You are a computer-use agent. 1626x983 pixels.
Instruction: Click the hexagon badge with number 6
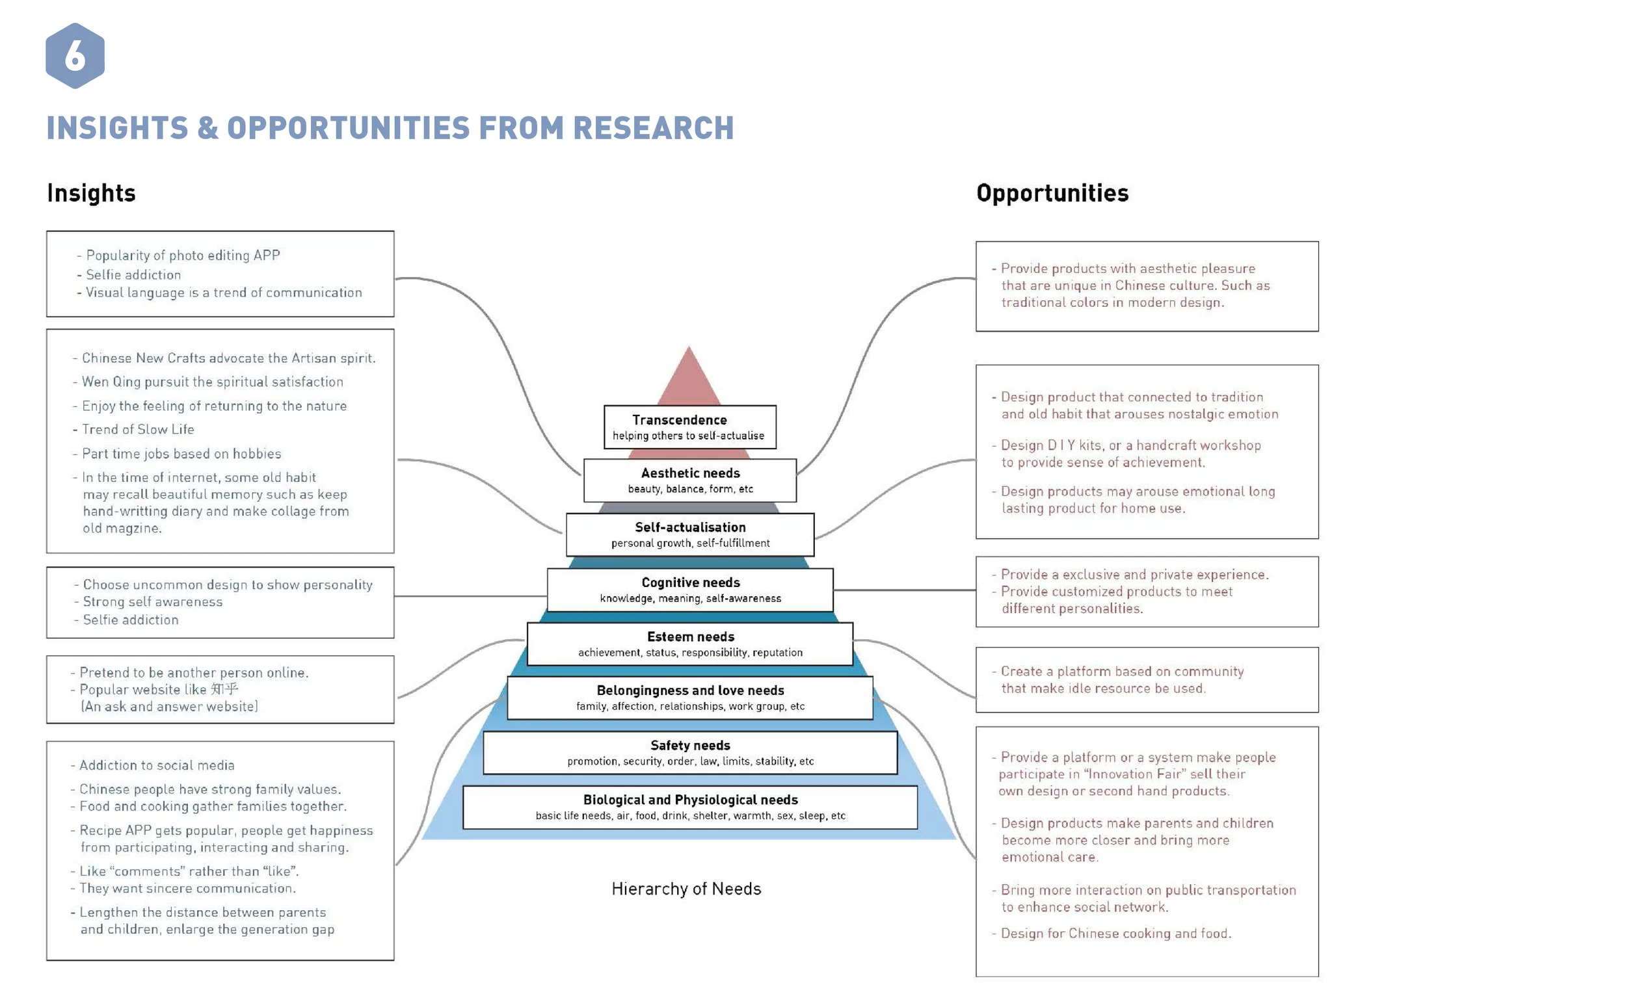[75, 55]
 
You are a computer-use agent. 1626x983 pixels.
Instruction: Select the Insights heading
[91, 192]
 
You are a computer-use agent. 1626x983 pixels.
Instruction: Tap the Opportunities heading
[1052, 192]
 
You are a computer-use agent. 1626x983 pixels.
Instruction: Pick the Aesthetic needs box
[689, 480]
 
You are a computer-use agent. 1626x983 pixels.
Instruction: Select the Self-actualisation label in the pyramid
[689, 527]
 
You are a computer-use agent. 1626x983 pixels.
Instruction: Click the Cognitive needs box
[689, 590]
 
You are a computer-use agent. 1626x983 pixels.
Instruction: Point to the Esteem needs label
[689, 636]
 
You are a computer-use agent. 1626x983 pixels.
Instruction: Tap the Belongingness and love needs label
[689, 690]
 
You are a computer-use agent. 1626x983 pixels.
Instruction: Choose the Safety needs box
[689, 752]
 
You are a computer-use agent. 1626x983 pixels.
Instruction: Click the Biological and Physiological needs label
[689, 800]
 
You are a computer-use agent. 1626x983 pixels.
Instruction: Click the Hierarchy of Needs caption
[686, 889]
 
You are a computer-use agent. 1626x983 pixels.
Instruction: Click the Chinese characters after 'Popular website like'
[224, 688]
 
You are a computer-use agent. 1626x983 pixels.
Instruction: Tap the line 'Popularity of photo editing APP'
[183, 256]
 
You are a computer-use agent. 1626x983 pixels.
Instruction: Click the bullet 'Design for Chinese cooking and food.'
[1115, 933]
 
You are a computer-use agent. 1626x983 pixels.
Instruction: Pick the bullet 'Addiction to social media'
[156, 765]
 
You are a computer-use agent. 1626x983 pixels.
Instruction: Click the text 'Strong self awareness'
[152, 601]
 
